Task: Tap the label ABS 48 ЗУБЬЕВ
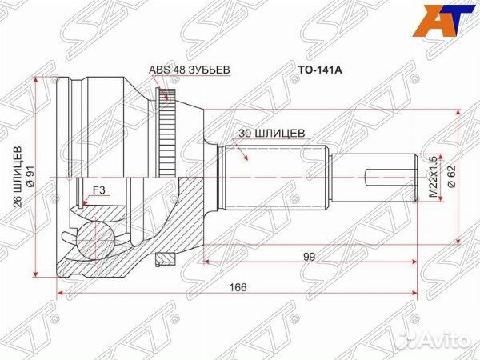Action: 190,70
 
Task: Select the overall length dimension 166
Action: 237,287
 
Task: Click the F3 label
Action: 100,190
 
